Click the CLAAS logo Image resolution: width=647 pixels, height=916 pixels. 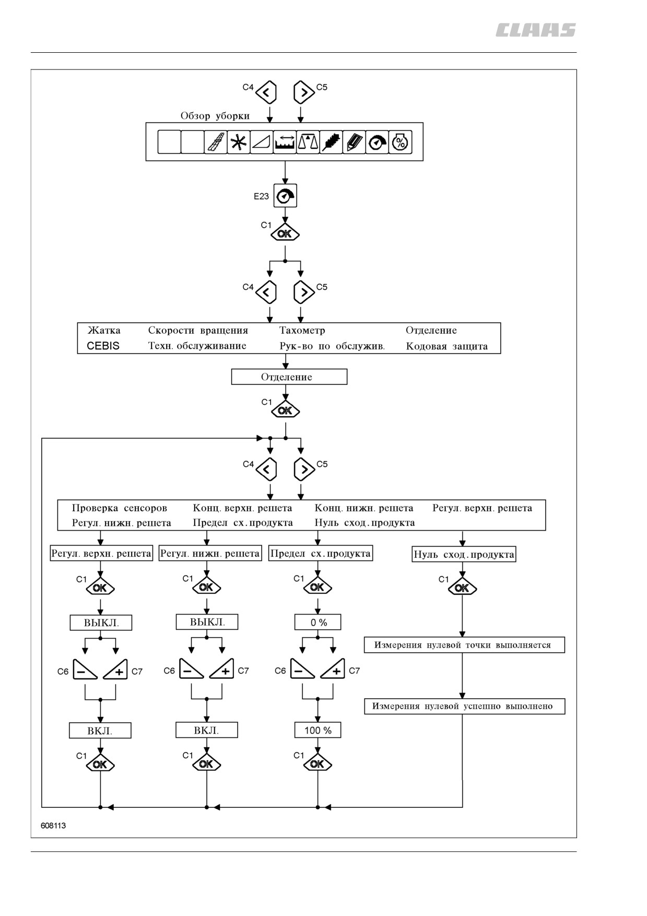536,30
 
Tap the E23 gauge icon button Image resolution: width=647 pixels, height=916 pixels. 285,196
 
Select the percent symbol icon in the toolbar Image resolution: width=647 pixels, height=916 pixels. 400,142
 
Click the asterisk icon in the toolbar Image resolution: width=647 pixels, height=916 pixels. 239,142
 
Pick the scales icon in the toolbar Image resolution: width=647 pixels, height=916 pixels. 308,142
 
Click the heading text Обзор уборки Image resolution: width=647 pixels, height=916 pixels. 215,116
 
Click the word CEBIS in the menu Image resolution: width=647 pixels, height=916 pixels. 103,346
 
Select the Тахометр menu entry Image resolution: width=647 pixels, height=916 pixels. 302,330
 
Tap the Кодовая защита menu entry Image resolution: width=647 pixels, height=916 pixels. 447,346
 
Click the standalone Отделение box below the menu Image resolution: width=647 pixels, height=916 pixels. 289,377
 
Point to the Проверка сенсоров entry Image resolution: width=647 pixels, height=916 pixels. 120,508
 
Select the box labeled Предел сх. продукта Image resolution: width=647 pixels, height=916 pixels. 321,554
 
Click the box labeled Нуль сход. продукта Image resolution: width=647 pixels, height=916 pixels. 464,555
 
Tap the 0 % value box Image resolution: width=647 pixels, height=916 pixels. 318,623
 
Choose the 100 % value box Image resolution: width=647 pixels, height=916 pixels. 318,731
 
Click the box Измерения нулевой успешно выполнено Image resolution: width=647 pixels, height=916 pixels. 465,707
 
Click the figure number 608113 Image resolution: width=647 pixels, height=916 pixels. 53,826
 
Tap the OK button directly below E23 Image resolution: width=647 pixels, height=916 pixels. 285,233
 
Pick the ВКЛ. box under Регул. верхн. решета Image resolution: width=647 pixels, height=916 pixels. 100,731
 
